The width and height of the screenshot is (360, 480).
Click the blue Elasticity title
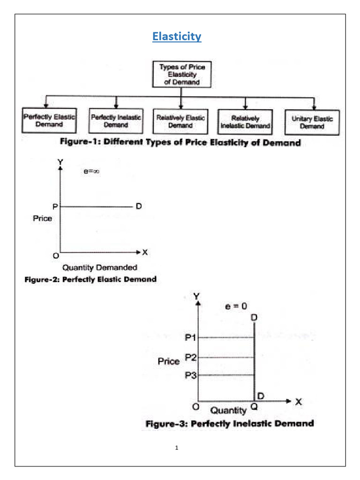click(177, 37)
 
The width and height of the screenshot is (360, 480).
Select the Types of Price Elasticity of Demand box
click(182, 75)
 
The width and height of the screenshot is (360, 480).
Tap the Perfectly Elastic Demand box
click(49, 121)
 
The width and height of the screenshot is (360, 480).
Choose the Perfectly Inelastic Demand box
click(116, 122)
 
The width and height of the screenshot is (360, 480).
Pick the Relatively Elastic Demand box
click(180, 122)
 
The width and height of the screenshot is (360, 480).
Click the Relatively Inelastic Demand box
click(245, 122)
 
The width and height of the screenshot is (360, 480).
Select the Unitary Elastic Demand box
click(312, 122)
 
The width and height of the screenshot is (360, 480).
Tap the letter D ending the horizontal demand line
click(138, 206)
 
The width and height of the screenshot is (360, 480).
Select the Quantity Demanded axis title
click(100, 268)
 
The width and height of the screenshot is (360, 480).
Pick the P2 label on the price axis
click(191, 357)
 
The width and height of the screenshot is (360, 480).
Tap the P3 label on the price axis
click(191, 375)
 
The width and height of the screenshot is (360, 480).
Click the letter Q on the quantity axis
click(254, 408)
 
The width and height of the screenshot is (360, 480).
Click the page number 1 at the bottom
click(177, 448)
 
